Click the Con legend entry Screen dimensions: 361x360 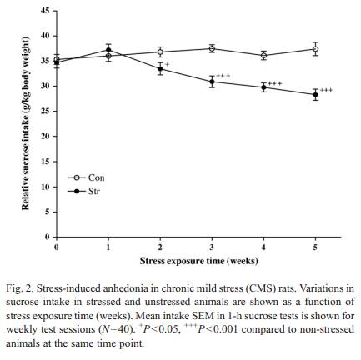pyautogui.click(x=86, y=177)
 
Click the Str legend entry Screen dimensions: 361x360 pyautogui.click(x=83, y=192)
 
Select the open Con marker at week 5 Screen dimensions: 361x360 pyautogui.click(x=315, y=49)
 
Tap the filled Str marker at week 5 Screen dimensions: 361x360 pyautogui.click(x=315, y=95)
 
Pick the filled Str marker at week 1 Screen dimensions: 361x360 pyautogui.click(x=108, y=50)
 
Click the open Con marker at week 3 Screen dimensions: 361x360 pyautogui.click(x=212, y=49)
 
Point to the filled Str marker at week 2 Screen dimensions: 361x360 pyautogui.click(x=160, y=69)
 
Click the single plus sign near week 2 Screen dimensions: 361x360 pyautogui.click(x=167, y=64)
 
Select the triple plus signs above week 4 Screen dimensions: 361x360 pyautogui.click(x=275, y=83)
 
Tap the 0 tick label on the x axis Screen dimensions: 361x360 pyautogui.click(x=57, y=247)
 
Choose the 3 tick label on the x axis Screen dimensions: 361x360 pyautogui.click(x=212, y=247)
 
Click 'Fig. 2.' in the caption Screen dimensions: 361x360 pyautogui.click(x=20, y=288)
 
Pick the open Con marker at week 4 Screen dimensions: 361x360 pyautogui.click(x=263, y=56)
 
